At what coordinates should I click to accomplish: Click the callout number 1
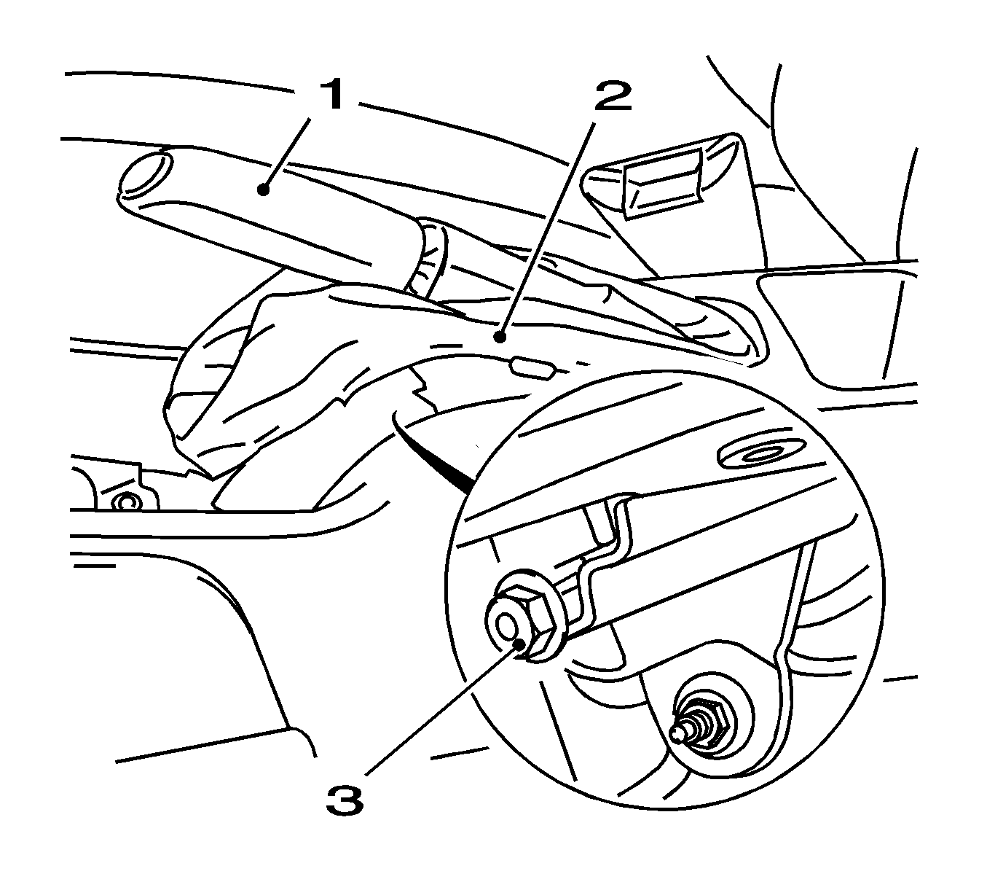(331, 95)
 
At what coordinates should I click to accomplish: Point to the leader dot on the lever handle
(264, 189)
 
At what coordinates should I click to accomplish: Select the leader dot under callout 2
(500, 337)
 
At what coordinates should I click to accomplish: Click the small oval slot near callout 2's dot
(533, 369)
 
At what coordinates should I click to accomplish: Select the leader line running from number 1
(288, 152)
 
